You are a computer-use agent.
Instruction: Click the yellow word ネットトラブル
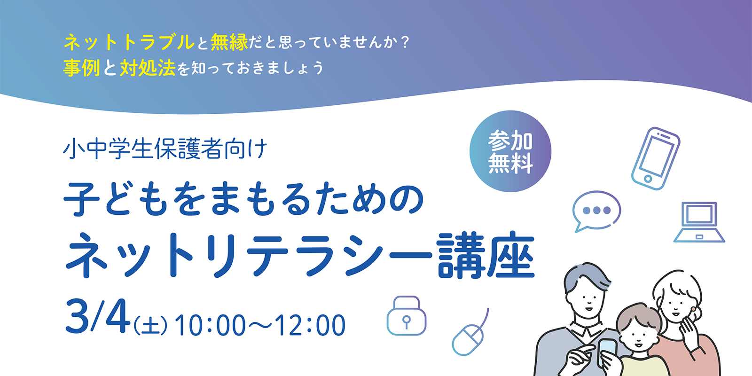[129, 43]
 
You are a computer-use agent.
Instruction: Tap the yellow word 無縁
[229, 43]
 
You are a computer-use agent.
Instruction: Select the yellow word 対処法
[148, 68]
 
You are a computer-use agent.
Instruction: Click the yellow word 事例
[82, 68]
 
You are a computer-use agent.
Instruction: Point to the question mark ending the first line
[406, 43]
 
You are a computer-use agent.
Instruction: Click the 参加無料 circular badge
[510, 151]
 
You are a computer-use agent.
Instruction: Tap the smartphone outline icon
[655, 158]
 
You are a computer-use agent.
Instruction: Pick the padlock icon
[406, 315]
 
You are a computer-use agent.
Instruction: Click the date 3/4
[98, 317]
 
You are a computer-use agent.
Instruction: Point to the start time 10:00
[210, 325]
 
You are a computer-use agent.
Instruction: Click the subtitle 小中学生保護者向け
[165, 148]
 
